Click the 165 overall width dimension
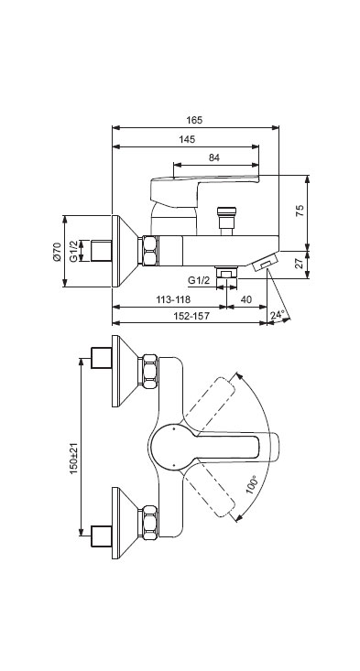pyautogui.click(x=194, y=120)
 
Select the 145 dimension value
pyautogui.click(x=187, y=139)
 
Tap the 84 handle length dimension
pyautogui.click(x=214, y=157)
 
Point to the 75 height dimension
pyautogui.click(x=300, y=211)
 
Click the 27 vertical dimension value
pyautogui.click(x=300, y=263)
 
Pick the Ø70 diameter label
pyautogui.click(x=57, y=251)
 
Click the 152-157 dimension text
pyautogui.click(x=192, y=316)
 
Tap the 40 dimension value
pyautogui.click(x=246, y=299)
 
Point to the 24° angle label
pyautogui.click(x=278, y=315)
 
